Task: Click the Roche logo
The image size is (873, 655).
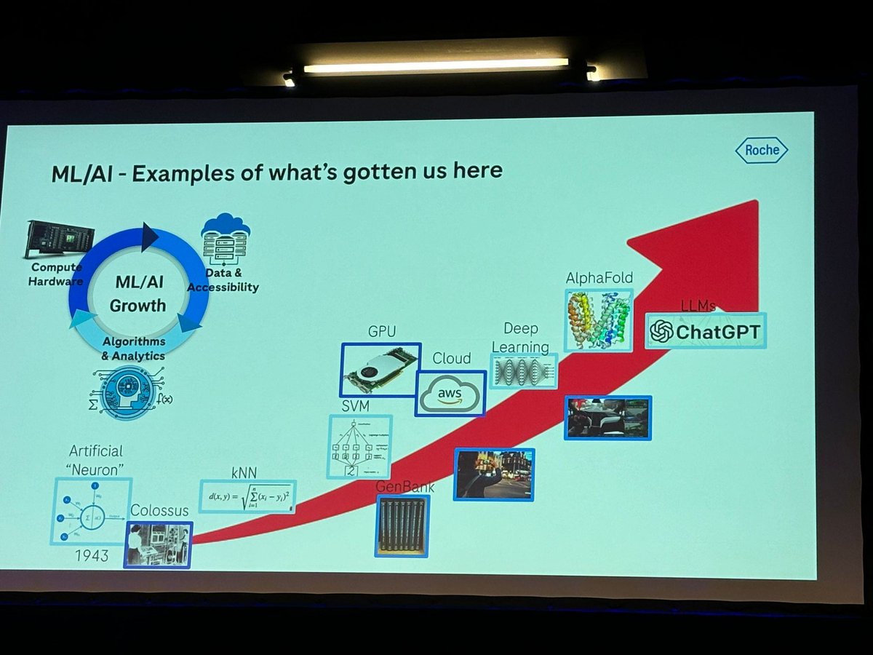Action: [762, 151]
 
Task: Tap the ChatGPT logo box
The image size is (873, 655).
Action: [705, 332]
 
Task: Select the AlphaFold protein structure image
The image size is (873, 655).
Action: [599, 320]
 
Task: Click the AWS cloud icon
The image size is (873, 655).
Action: [450, 394]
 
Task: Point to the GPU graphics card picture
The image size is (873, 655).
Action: [380, 369]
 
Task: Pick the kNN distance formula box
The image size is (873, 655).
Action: [247, 496]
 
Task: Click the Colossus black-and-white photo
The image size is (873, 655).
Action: [157, 544]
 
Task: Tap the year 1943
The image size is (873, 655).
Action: [91, 556]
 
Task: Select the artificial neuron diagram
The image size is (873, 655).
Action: [91, 511]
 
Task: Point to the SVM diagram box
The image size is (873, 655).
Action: [359, 446]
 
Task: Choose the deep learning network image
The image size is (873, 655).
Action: [523, 371]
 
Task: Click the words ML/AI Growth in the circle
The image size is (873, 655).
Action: [137, 293]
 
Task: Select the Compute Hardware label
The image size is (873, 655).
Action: [56, 274]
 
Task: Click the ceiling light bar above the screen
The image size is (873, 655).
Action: [436, 65]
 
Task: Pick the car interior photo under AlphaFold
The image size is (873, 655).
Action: [607, 418]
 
